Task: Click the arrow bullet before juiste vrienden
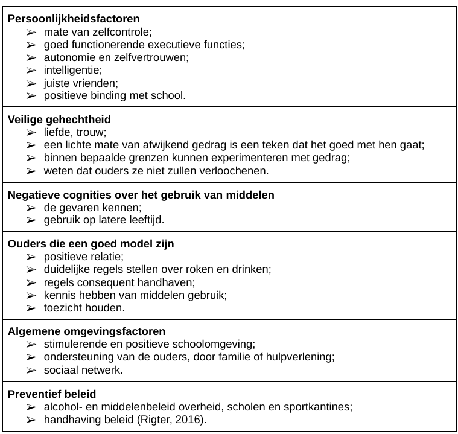(x=31, y=83)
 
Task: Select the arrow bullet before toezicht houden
(x=31, y=307)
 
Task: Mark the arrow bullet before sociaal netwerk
(x=31, y=369)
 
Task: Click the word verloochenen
(x=237, y=170)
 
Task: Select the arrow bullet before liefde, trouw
(x=31, y=132)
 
